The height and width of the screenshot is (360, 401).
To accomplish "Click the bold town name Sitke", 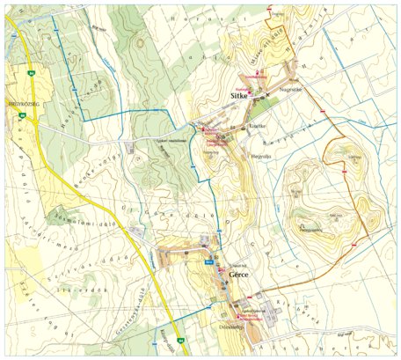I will click(240, 90).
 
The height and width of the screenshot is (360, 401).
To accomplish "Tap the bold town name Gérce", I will click(239, 276).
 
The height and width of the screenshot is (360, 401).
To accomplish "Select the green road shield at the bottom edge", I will click(179, 342).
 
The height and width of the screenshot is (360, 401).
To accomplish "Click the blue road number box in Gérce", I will click(209, 262).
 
